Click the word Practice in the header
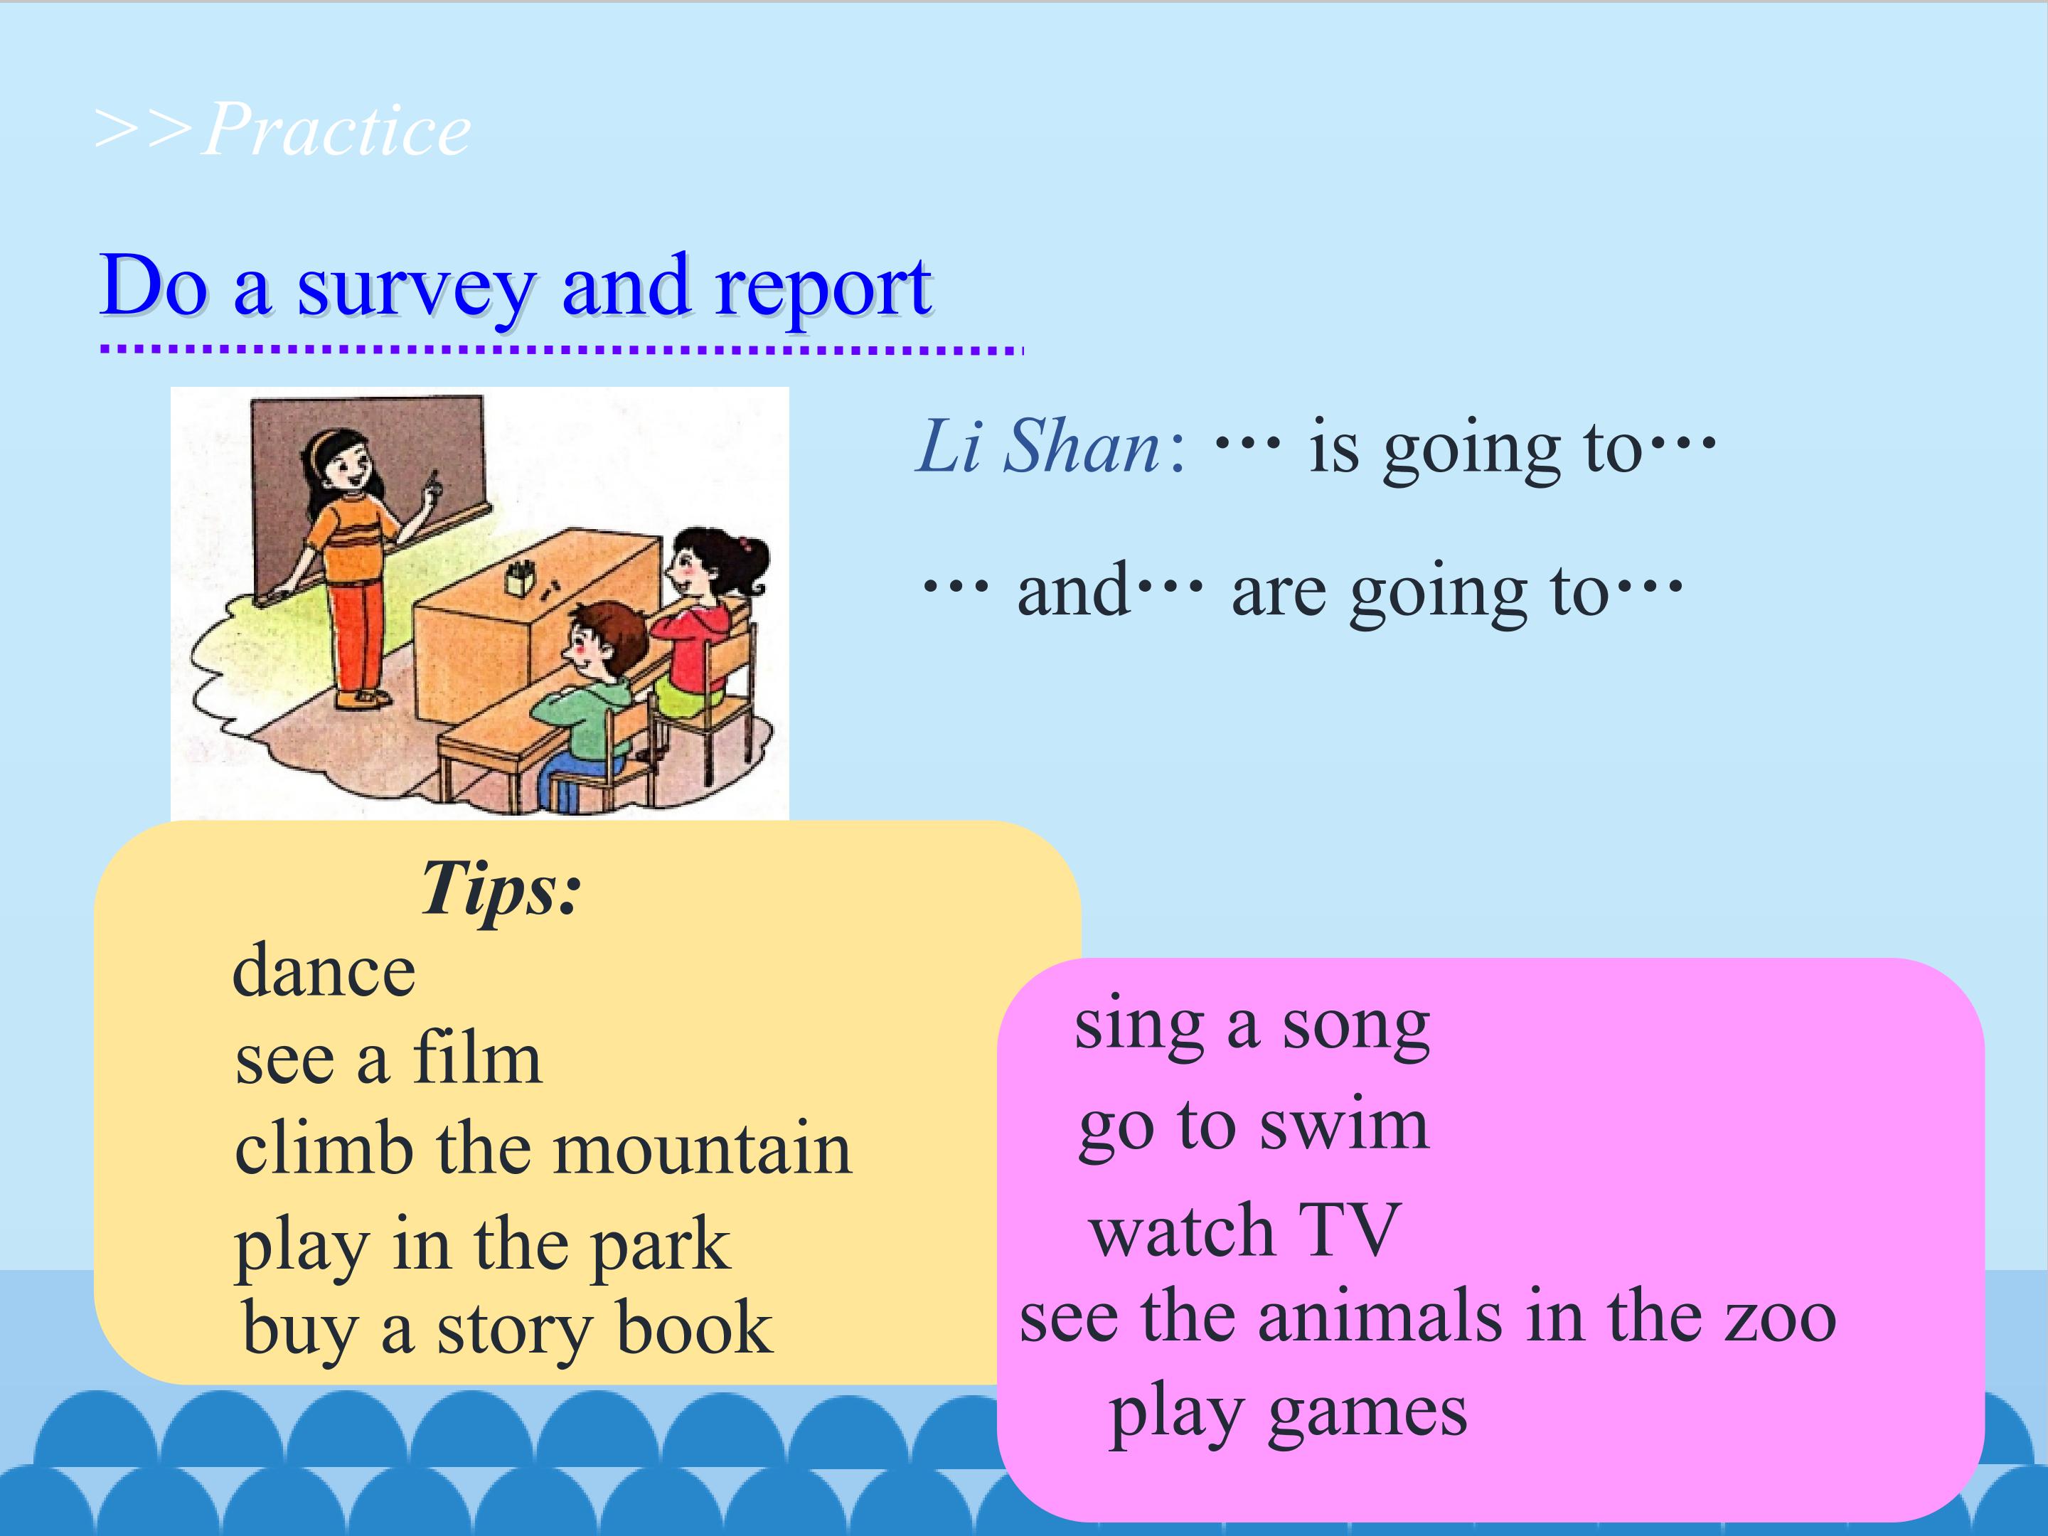point(337,129)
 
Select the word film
point(477,1057)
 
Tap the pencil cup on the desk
point(521,579)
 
